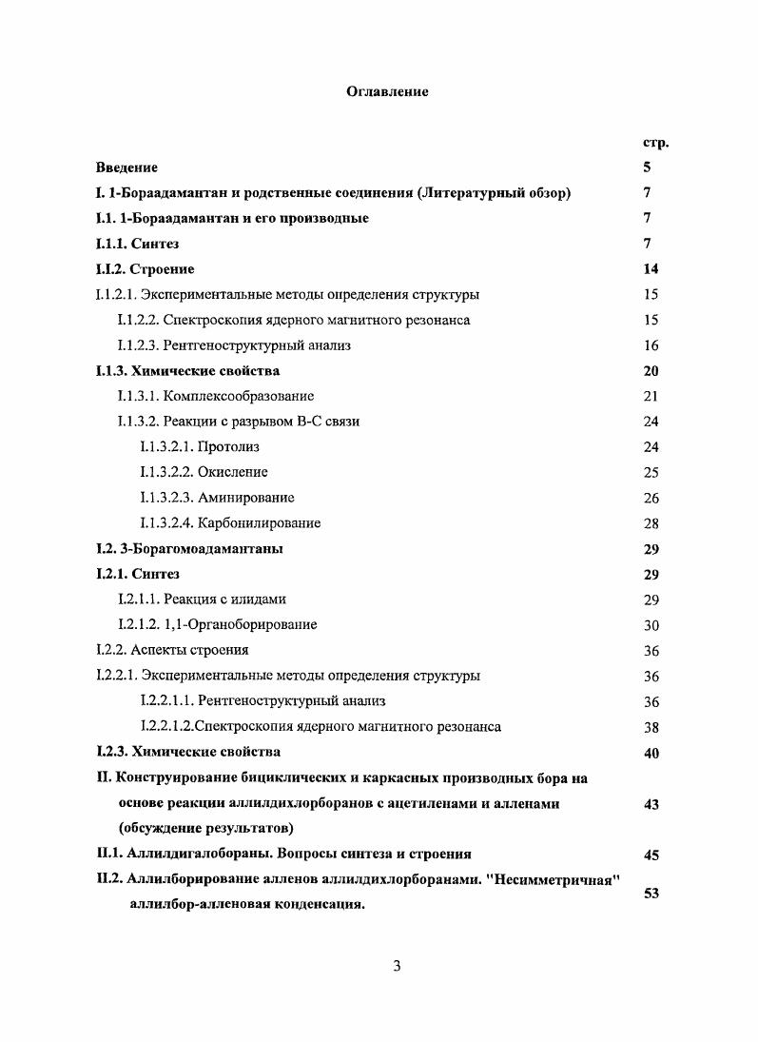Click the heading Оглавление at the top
[x=386, y=92]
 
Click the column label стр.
[x=655, y=143]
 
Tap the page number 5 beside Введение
[x=647, y=167]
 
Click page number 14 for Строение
[x=651, y=269]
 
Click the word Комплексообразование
[x=239, y=396]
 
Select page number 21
[x=651, y=397]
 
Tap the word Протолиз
[x=228, y=446]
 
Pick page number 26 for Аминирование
[x=651, y=498]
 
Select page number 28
[x=651, y=523]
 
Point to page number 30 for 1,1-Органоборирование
[x=651, y=625]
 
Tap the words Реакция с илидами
[x=224, y=600]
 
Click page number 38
[x=651, y=727]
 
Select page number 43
[x=651, y=805]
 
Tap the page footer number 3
[x=398, y=967]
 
